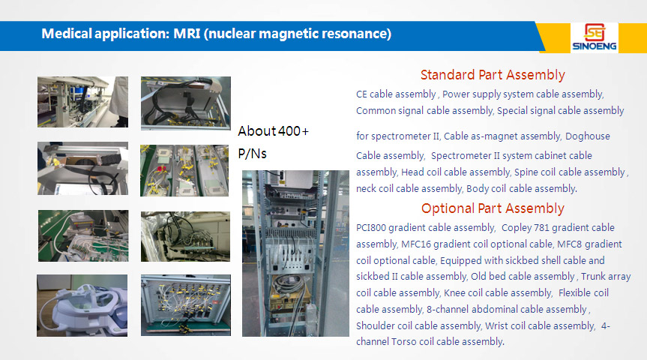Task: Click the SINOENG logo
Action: coord(595,37)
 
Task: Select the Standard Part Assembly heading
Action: coord(493,75)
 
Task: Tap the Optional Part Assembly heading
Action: coord(493,208)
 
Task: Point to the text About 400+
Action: coord(273,130)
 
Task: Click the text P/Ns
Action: coord(252,154)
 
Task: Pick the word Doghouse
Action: coord(588,136)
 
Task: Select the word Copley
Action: coord(517,227)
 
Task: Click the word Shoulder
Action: coord(376,325)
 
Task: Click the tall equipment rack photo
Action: coord(295,253)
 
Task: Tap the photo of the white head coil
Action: coord(82,305)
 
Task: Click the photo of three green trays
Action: coord(184,170)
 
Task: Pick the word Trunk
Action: coord(593,276)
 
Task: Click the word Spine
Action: coord(526,172)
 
